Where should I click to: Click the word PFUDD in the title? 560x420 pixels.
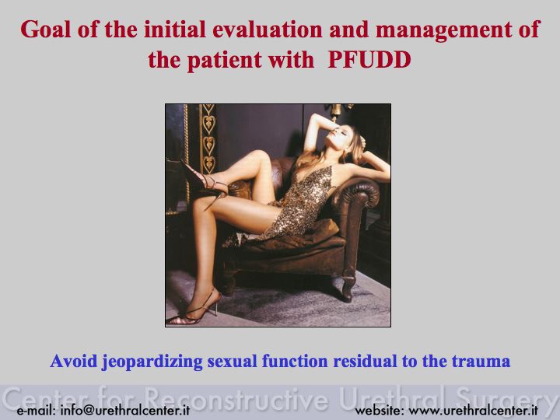pos(369,60)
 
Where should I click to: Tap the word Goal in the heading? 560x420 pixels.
pos(46,30)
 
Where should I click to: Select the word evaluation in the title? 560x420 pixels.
pos(268,30)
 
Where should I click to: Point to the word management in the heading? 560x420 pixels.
pos(444,30)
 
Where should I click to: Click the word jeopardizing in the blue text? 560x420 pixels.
pos(152,362)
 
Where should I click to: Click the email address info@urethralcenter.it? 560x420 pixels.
pos(125,410)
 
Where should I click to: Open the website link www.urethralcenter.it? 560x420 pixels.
pos(473,411)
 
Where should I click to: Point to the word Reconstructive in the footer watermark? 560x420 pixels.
pos(237,398)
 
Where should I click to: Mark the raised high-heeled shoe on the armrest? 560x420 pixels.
pos(205,181)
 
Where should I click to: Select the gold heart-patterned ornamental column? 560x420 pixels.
pos(208,138)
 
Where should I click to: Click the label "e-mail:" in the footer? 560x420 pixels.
pos(36,411)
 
